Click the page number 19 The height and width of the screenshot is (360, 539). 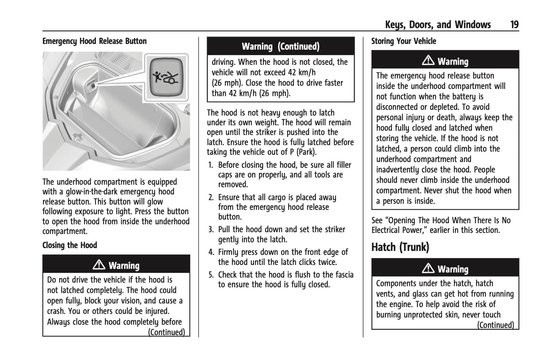[514, 25]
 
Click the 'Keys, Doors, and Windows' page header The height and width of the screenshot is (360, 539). [438, 25]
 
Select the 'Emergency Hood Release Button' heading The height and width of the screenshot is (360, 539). [94, 41]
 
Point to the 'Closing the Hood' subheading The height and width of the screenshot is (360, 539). [70, 245]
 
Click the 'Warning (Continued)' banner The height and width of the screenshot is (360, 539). [281, 47]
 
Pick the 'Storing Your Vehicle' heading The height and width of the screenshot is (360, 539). [404, 41]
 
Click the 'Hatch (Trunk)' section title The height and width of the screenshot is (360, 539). [400, 247]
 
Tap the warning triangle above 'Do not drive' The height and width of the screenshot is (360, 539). [99, 265]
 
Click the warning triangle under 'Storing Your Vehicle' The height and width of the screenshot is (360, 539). [428, 60]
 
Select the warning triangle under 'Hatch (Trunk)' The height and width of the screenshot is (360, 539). [428, 268]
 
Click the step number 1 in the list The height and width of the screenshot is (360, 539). [211, 165]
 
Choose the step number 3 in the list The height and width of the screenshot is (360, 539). [211, 230]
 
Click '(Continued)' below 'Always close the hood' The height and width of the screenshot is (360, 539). [166, 332]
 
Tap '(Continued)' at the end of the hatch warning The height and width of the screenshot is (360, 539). [495, 325]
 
